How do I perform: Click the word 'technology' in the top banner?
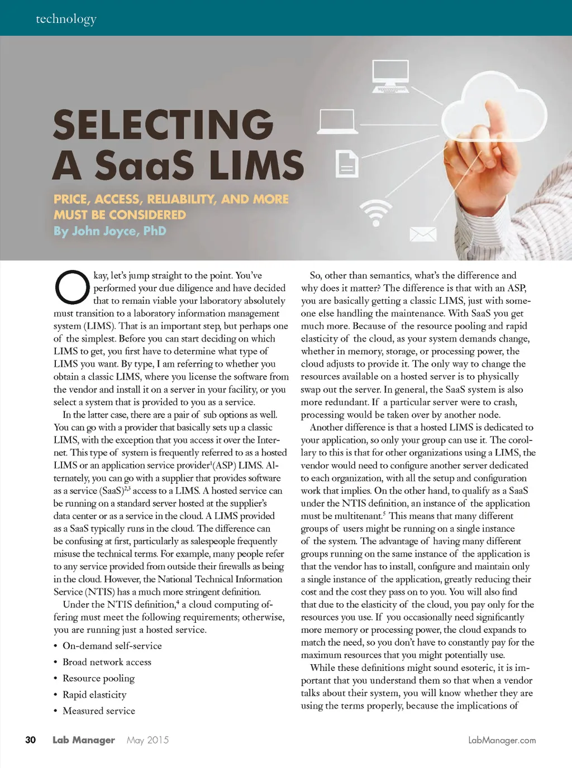(66, 19)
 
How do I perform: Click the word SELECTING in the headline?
(163, 124)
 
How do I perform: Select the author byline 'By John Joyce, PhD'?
(110, 231)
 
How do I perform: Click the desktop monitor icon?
(390, 76)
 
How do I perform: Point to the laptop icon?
(337, 121)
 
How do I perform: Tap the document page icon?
(346, 164)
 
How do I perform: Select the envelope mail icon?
(423, 234)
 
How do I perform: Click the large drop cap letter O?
(72, 287)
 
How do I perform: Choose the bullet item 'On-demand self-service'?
(112, 646)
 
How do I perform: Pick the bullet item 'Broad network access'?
(107, 662)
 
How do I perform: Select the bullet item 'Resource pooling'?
(98, 678)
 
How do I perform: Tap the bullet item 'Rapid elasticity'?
(94, 694)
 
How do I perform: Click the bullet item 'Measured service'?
(99, 711)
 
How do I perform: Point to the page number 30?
(31, 740)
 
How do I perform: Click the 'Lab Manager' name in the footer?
(84, 740)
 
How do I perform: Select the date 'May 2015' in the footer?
(147, 740)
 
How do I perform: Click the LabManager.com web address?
(502, 740)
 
